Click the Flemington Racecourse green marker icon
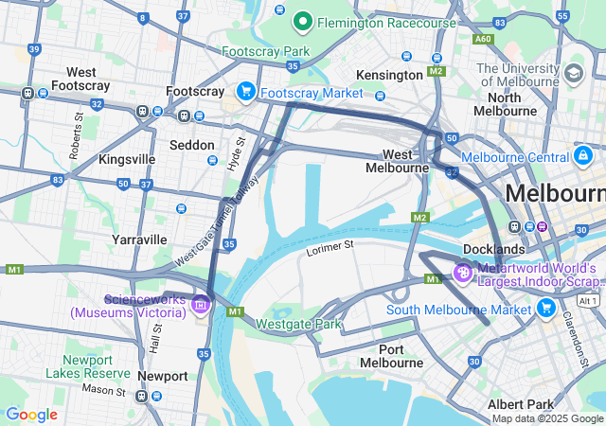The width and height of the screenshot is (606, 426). pyautogui.click(x=303, y=20)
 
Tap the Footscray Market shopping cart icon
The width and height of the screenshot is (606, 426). pyautogui.click(x=246, y=92)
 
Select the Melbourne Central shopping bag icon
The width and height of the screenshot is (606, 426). pyautogui.click(x=582, y=155)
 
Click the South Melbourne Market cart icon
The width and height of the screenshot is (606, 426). pyautogui.click(x=545, y=309)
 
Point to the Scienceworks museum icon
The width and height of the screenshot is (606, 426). pyautogui.click(x=200, y=304)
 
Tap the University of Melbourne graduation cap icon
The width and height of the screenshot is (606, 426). pyautogui.click(x=573, y=73)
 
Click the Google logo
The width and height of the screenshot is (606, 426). pyautogui.click(x=32, y=414)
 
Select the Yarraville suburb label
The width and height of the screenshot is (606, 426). pyautogui.click(x=139, y=240)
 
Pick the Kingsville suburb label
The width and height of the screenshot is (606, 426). pyautogui.click(x=127, y=159)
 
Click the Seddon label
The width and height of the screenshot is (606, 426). pyautogui.click(x=192, y=145)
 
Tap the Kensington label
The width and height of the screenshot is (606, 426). pyautogui.click(x=389, y=75)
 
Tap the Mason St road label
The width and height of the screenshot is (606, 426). pyautogui.click(x=102, y=388)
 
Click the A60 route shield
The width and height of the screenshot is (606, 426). pyautogui.click(x=483, y=39)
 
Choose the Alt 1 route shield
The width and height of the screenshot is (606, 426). pyautogui.click(x=588, y=300)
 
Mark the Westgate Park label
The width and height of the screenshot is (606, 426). pyautogui.click(x=298, y=324)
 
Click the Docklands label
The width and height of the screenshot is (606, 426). pyautogui.click(x=494, y=249)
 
